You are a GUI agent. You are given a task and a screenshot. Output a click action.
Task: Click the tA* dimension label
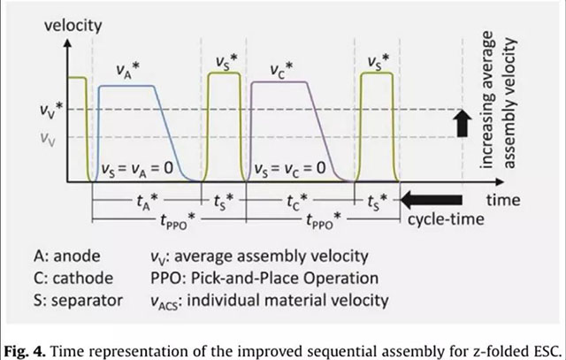142,201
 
